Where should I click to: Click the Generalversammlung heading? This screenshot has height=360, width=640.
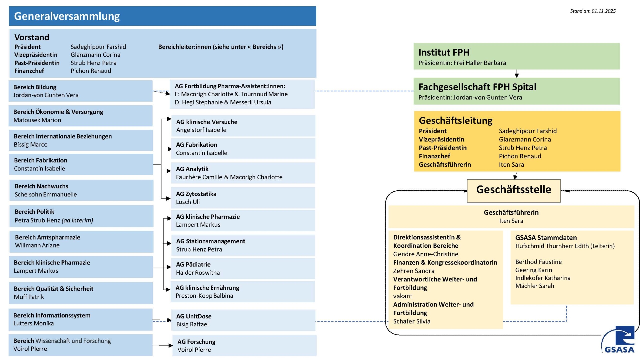tap(67, 16)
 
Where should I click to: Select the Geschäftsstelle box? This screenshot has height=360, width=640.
tap(513, 190)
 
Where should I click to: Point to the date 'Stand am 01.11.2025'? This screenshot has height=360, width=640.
tap(593, 11)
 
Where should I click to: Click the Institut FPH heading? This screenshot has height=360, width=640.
tap(444, 52)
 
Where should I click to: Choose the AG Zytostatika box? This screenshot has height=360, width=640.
tap(243, 198)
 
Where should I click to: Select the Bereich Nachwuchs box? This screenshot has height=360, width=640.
tap(81, 190)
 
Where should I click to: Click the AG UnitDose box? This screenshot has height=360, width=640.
tap(243, 320)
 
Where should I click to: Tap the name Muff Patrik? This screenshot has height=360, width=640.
tap(29, 297)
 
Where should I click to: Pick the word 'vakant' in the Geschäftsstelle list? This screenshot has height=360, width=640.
tap(403, 296)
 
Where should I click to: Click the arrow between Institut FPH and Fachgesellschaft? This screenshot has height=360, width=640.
tap(517, 74)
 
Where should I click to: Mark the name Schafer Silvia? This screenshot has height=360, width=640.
tap(412, 321)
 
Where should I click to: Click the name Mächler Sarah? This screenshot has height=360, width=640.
tap(535, 286)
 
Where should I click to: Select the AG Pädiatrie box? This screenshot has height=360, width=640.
tap(243, 268)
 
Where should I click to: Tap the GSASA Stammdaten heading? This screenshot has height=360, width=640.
tap(546, 238)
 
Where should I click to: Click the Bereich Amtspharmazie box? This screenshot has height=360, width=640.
tap(81, 241)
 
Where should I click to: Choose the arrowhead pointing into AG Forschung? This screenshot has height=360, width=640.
tap(170, 345)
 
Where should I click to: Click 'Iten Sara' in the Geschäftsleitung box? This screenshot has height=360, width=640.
tap(511, 165)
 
